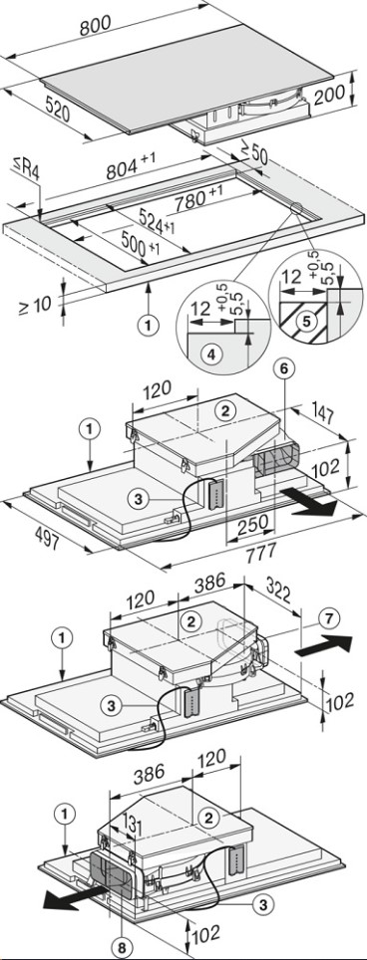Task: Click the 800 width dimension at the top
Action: (95, 24)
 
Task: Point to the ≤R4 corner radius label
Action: (26, 167)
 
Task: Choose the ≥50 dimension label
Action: (253, 154)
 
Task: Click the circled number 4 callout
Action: (211, 355)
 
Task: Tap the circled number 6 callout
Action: (288, 368)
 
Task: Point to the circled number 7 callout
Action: (330, 618)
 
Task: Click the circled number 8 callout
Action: (122, 947)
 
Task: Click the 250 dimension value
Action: (252, 523)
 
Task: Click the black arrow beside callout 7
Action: (323, 646)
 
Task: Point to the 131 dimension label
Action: (134, 826)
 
